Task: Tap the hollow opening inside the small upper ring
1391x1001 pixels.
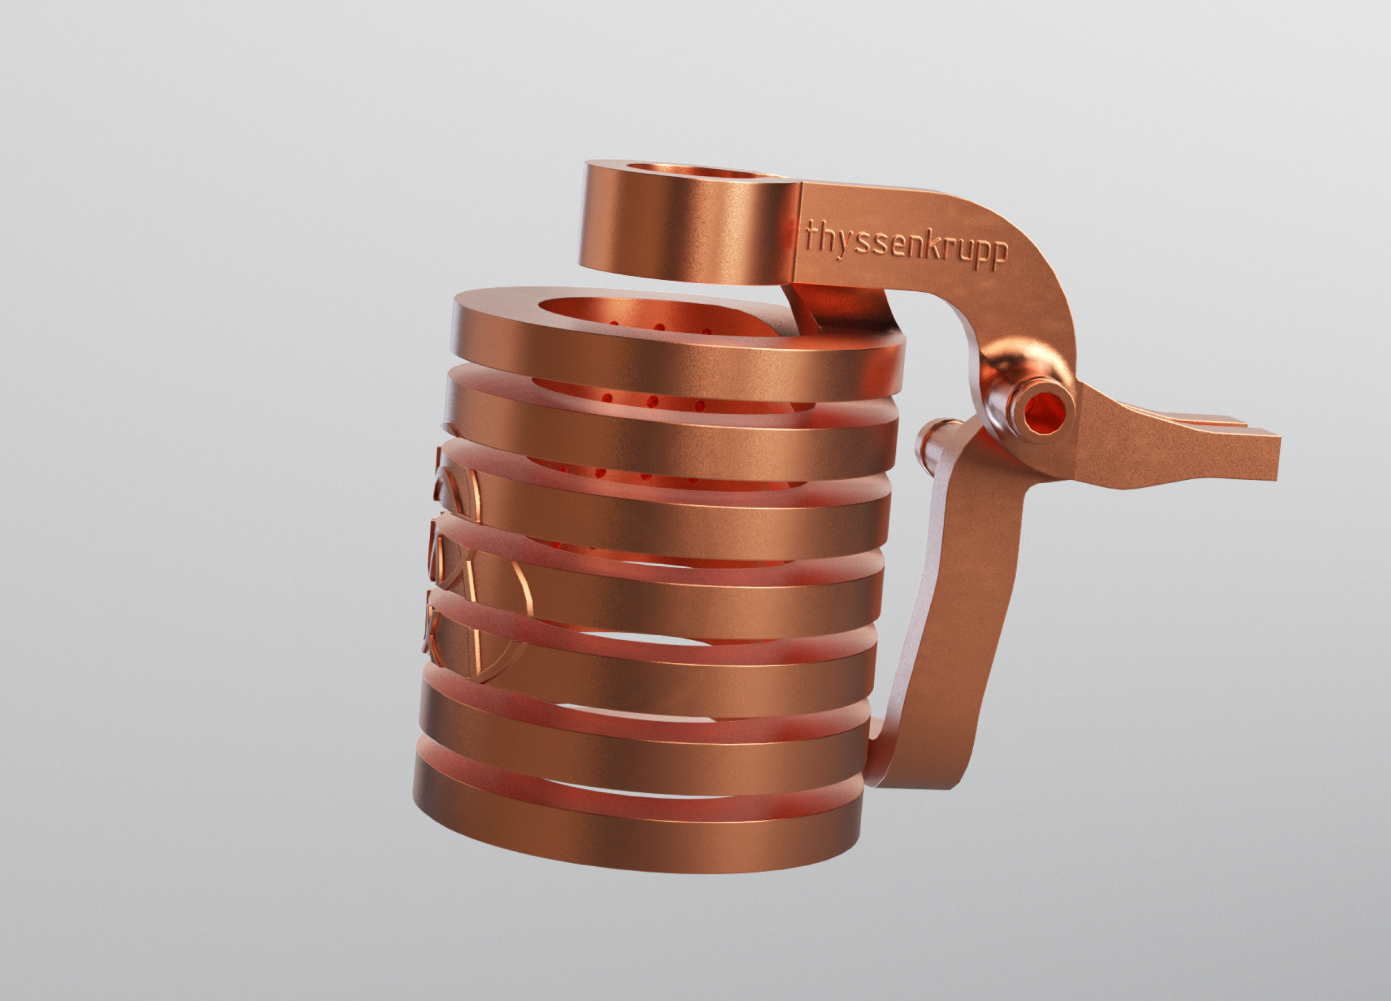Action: point(693,170)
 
